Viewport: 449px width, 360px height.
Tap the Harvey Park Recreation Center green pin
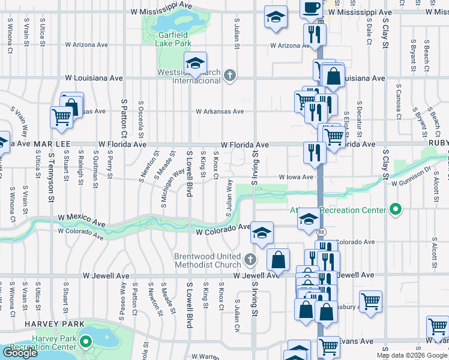click(85, 343)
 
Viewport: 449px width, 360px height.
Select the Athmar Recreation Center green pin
click(395, 210)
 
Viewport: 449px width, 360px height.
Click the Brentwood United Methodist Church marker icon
click(250, 259)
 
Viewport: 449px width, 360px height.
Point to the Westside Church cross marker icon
click(229, 76)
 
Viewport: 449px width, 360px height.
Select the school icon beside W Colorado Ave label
click(262, 232)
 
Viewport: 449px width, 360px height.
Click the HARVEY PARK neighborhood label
click(49, 323)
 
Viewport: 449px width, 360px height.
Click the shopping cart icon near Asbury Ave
click(370, 301)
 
